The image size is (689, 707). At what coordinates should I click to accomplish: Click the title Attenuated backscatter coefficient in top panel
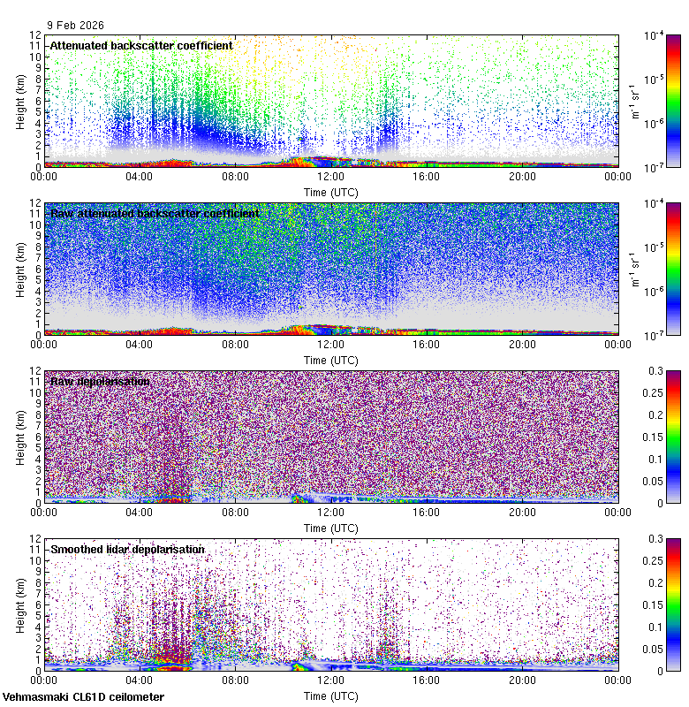(141, 45)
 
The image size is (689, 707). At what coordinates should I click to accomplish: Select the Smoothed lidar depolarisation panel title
(127, 549)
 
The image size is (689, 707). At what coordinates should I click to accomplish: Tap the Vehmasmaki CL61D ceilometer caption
(83, 697)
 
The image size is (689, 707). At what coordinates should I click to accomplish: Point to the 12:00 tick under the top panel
(330, 176)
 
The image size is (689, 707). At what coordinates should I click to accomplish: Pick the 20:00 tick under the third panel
(522, 512)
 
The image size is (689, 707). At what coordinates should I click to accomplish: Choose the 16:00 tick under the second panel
(427, 344)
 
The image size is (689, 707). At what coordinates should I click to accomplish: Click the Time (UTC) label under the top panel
(331, 191)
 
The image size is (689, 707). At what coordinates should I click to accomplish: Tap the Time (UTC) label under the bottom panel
(331, 696)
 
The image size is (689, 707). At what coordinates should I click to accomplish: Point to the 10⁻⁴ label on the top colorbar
(655, 36)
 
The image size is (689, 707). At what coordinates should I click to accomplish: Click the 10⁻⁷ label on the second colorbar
(655, 334)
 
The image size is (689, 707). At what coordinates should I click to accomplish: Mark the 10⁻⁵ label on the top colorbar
(655, 80)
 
